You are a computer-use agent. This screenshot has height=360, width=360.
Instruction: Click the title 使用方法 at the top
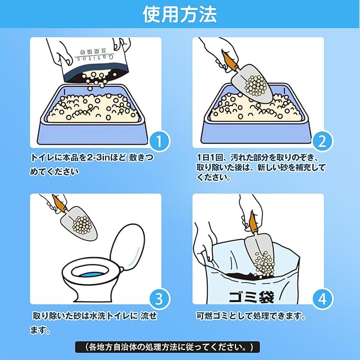(x=180, y=14)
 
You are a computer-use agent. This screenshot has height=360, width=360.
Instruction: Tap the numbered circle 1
(x=159, y=141)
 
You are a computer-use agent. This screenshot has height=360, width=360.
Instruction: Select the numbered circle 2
(x=322, y=141)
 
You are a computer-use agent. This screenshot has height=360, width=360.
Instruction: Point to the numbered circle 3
(x=159, y=299)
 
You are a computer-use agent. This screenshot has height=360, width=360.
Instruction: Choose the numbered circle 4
(x=322, y=299)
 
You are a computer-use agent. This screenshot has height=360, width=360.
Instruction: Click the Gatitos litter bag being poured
(x=94, y=62)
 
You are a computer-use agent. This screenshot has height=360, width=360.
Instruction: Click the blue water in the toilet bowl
(x=90, y=275)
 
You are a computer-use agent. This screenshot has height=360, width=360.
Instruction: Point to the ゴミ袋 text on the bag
(x=251, y=297)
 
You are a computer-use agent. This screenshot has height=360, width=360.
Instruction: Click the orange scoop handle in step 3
(x=59, y=204)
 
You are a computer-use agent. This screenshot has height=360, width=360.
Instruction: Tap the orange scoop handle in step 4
(x=252, y=222)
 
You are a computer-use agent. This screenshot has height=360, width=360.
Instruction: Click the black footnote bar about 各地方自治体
(x=168, y=347)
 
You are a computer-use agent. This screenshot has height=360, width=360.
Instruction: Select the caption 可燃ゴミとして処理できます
(x=251, y=317)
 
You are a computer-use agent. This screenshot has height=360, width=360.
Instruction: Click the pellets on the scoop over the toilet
(x=81, y=224)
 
